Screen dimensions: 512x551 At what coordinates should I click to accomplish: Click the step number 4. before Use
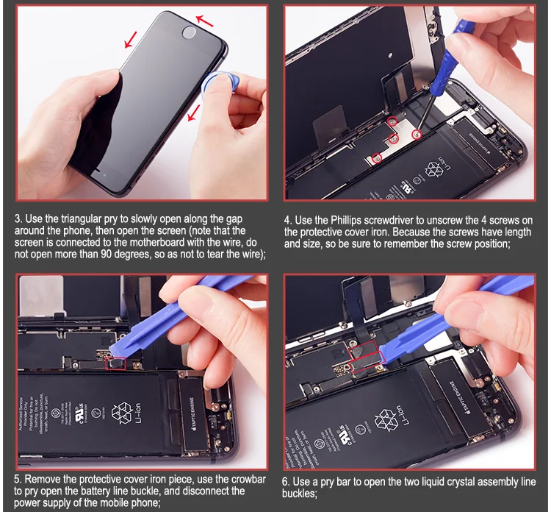pyautogui.click(x=288, y=220)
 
